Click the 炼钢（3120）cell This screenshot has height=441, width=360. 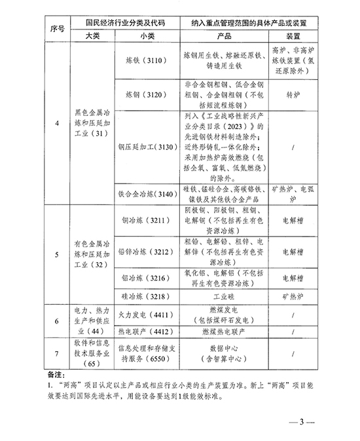[x=143, y=94]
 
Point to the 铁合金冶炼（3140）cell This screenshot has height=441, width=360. [x=143, y=194]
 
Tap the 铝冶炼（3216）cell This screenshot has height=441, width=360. [x=143, y=278]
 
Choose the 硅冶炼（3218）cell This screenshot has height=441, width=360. [x=143, y=297]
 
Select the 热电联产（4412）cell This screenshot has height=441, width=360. [x=143, y=332]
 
